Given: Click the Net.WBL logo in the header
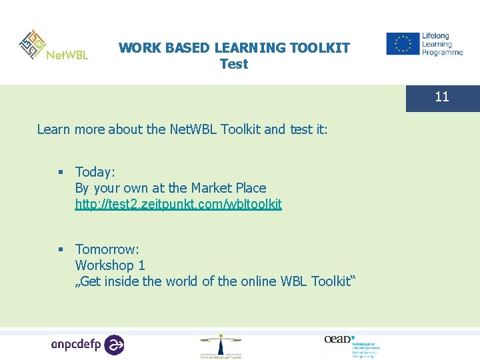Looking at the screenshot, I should [x=53, y=47].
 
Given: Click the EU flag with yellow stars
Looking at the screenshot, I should [x=403, y=44].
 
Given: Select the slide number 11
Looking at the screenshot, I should [x=442, y=97].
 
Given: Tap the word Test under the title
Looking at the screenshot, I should [x=233, y=64].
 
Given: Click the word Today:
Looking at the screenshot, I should [x=95, y=172].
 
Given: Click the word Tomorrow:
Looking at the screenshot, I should [x=107, y=249].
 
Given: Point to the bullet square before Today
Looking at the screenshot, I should [x=61, y=173].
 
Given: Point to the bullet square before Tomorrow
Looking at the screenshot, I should [x=61, y=250].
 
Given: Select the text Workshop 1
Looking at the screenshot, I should [x=110, y=265].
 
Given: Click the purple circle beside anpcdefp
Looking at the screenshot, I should [x=115, y=345].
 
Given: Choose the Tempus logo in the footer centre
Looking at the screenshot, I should [x=221, y=346].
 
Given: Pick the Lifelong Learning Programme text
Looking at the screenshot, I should [x=441, y=44].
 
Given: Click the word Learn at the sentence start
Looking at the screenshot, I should [x=53, y=129].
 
